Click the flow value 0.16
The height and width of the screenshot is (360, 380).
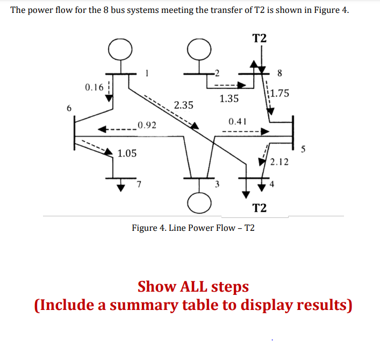(x=94, y=87)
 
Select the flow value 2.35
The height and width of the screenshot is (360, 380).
(x=184, y=105)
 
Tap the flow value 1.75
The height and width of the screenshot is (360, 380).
(x=280, y=93)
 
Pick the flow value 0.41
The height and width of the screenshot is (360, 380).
(x=237, y=121)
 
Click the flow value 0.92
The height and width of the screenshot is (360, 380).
(x=146, y=126)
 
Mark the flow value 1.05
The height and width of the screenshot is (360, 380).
(x=127, y=154)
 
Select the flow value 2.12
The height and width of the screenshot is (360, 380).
(x=279, y=162)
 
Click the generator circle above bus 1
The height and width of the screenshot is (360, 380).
(x=119, y=50)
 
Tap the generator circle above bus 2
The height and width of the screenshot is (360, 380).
(x=198, y=50)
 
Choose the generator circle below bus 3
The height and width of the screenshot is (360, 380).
(x=197, y=202)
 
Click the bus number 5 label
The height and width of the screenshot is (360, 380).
(x=304, y=150)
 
